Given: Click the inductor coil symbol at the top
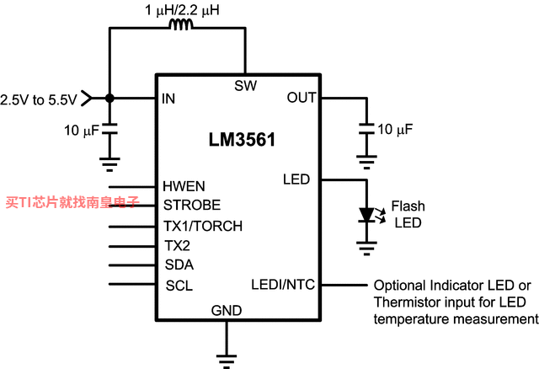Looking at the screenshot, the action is (181, 24).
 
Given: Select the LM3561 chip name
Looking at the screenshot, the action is (242, 140).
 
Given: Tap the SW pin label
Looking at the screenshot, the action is (245, 86).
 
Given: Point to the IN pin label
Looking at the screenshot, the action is (168, 99).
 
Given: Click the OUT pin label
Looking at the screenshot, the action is (302, 98).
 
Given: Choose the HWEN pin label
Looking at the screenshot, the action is (184, 186).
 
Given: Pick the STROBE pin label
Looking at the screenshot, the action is (192, 205).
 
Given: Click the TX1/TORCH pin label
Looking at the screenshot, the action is (203, 226).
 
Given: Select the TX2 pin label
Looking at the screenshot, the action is (177, 245).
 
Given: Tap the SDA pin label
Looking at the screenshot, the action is (179, 265).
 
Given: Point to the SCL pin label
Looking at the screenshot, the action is (179, 286).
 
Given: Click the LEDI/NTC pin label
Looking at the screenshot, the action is (283, 285).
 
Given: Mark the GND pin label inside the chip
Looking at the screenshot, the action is (227, 310).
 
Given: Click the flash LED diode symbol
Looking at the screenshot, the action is (367, 215).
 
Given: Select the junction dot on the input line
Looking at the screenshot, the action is (109, 99).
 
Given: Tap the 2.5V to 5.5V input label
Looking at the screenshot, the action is (39, 99).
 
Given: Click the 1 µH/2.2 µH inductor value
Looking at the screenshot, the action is (182, 9).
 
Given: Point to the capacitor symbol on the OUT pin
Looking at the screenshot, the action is (367, 128).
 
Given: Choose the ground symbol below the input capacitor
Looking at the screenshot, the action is (109, 164).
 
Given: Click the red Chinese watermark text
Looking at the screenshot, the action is (72, 202).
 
